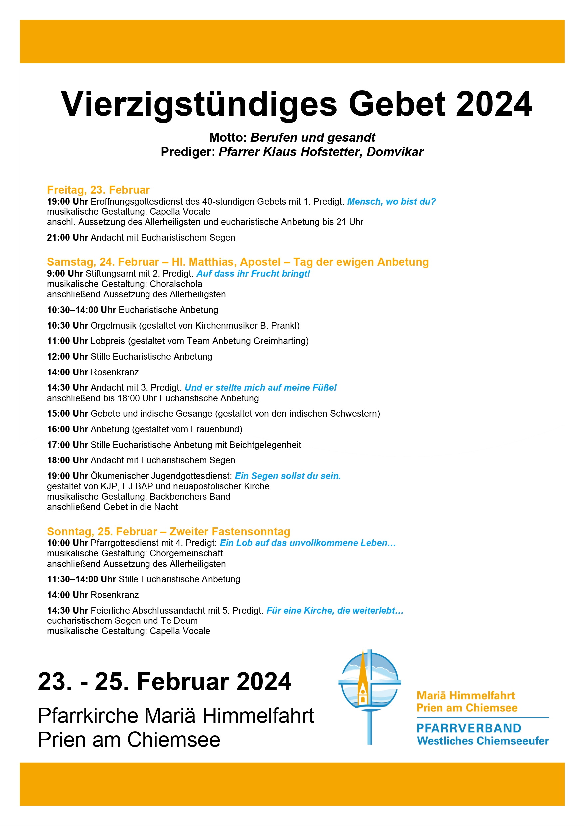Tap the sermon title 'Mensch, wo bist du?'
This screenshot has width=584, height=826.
coord(391,202)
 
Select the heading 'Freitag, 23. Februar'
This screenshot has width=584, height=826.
coord(98,190)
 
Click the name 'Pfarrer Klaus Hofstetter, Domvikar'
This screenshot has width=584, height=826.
coord(321,152)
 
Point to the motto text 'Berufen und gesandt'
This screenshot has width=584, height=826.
coord(313,138)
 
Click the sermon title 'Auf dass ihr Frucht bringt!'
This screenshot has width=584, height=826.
coord(253,274)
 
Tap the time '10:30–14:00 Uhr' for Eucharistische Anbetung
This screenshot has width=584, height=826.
coord(81,310)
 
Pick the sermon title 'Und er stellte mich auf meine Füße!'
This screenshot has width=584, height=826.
coord(260,388)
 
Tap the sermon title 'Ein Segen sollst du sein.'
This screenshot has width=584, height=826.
coord(288,476)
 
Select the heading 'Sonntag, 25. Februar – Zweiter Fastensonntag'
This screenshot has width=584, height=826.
coord(168,531)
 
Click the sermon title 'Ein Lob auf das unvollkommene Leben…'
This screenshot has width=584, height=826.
coord(307,543)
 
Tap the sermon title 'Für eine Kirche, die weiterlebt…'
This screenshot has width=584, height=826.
coord(334,611)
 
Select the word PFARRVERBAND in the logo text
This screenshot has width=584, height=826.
coord(468,728)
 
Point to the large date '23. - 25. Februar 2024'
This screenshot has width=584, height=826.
coord(164,682)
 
